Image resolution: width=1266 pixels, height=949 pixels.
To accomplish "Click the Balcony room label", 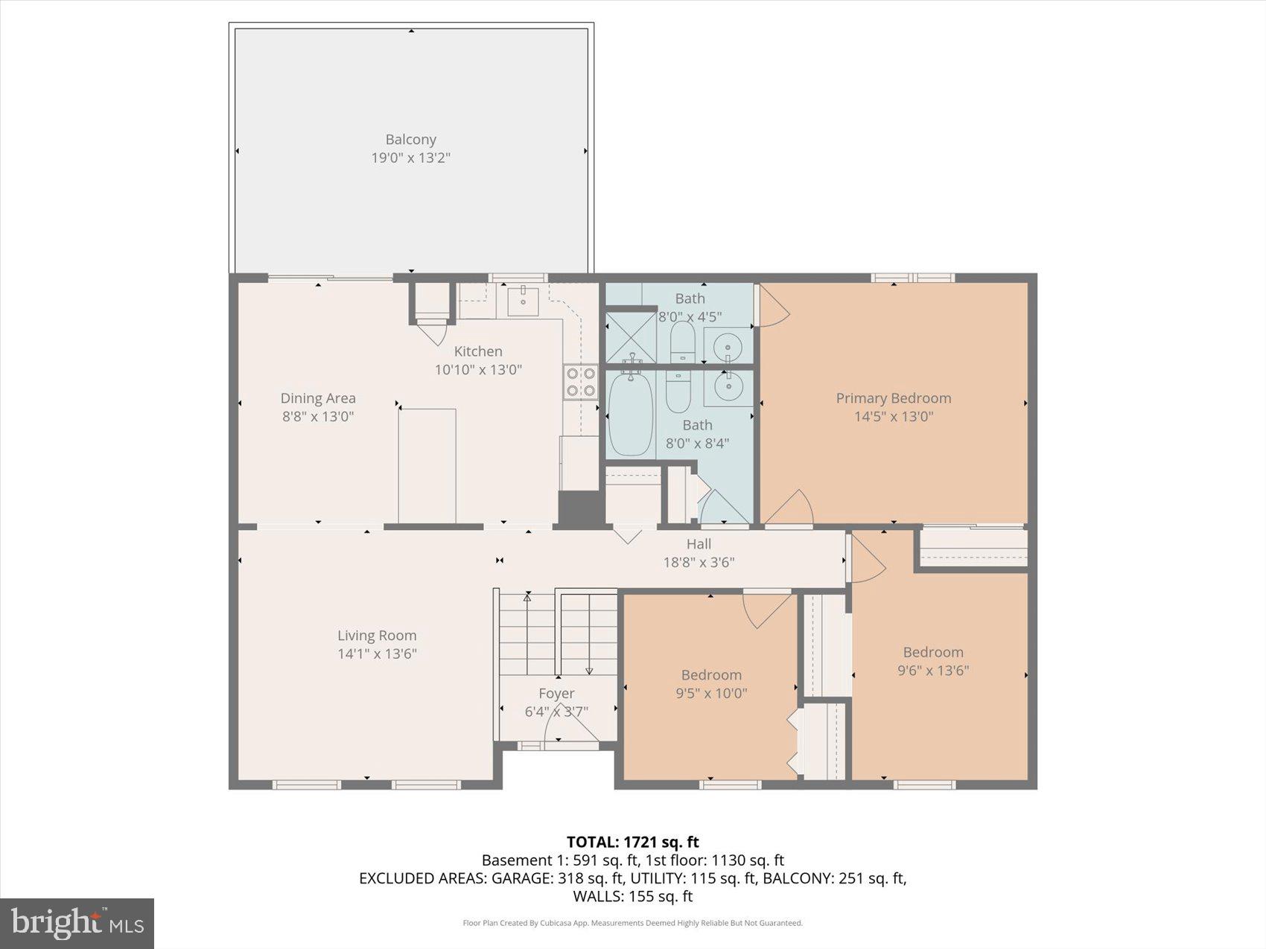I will coord(410,139).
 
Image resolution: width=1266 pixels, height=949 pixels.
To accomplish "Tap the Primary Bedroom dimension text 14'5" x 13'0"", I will coord(893,416).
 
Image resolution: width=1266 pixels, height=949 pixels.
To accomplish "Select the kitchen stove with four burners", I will coord(581,382).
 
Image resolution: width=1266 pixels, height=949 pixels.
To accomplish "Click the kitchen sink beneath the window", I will coord(524,301).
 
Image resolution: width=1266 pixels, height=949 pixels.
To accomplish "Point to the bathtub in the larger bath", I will coord(631,413).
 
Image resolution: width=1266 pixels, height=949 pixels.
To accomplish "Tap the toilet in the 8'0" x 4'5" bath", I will coord(682,342).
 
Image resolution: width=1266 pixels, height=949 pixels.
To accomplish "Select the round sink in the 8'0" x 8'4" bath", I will coord(727,386).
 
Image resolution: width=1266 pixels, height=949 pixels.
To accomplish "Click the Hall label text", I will coord(699,544).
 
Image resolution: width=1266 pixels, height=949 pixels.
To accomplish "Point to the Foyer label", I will coord(556,693).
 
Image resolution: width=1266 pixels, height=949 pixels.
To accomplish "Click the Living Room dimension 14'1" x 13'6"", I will coord(377,654).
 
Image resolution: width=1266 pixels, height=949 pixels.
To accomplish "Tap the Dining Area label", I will coord(318,398).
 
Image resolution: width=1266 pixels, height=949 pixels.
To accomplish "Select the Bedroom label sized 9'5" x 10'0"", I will coord(711,675).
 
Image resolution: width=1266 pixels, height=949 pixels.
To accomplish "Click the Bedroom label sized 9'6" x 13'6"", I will coord(933,652).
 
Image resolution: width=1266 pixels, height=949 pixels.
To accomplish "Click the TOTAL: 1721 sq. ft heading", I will coord(632,842).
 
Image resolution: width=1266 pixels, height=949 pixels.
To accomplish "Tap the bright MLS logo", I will coord(77,924).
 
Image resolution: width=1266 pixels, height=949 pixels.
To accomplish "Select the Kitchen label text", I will coord(478,351).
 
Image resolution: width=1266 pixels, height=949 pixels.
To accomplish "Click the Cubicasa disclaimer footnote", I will coord(632,923).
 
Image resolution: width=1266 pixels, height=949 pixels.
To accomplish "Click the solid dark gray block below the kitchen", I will coord(580,510).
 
